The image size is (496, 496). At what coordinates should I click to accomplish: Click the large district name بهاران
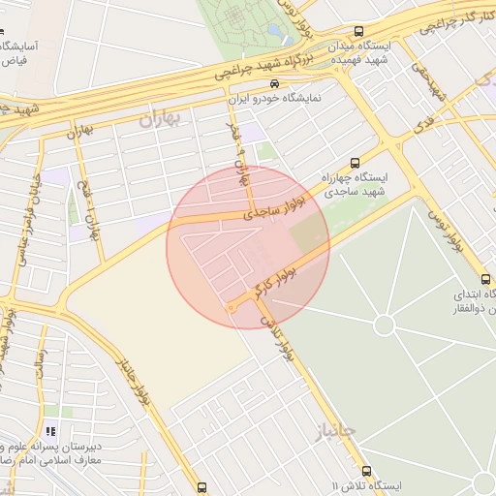tap(160, 120)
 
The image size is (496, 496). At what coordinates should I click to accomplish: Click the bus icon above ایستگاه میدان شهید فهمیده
tap(359, 31)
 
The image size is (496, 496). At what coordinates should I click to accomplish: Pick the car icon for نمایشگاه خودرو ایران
tap(277, 83)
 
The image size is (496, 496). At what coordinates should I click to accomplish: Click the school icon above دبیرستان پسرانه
tap(50, 431)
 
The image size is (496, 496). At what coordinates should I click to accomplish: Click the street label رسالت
tap(40, 364)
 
